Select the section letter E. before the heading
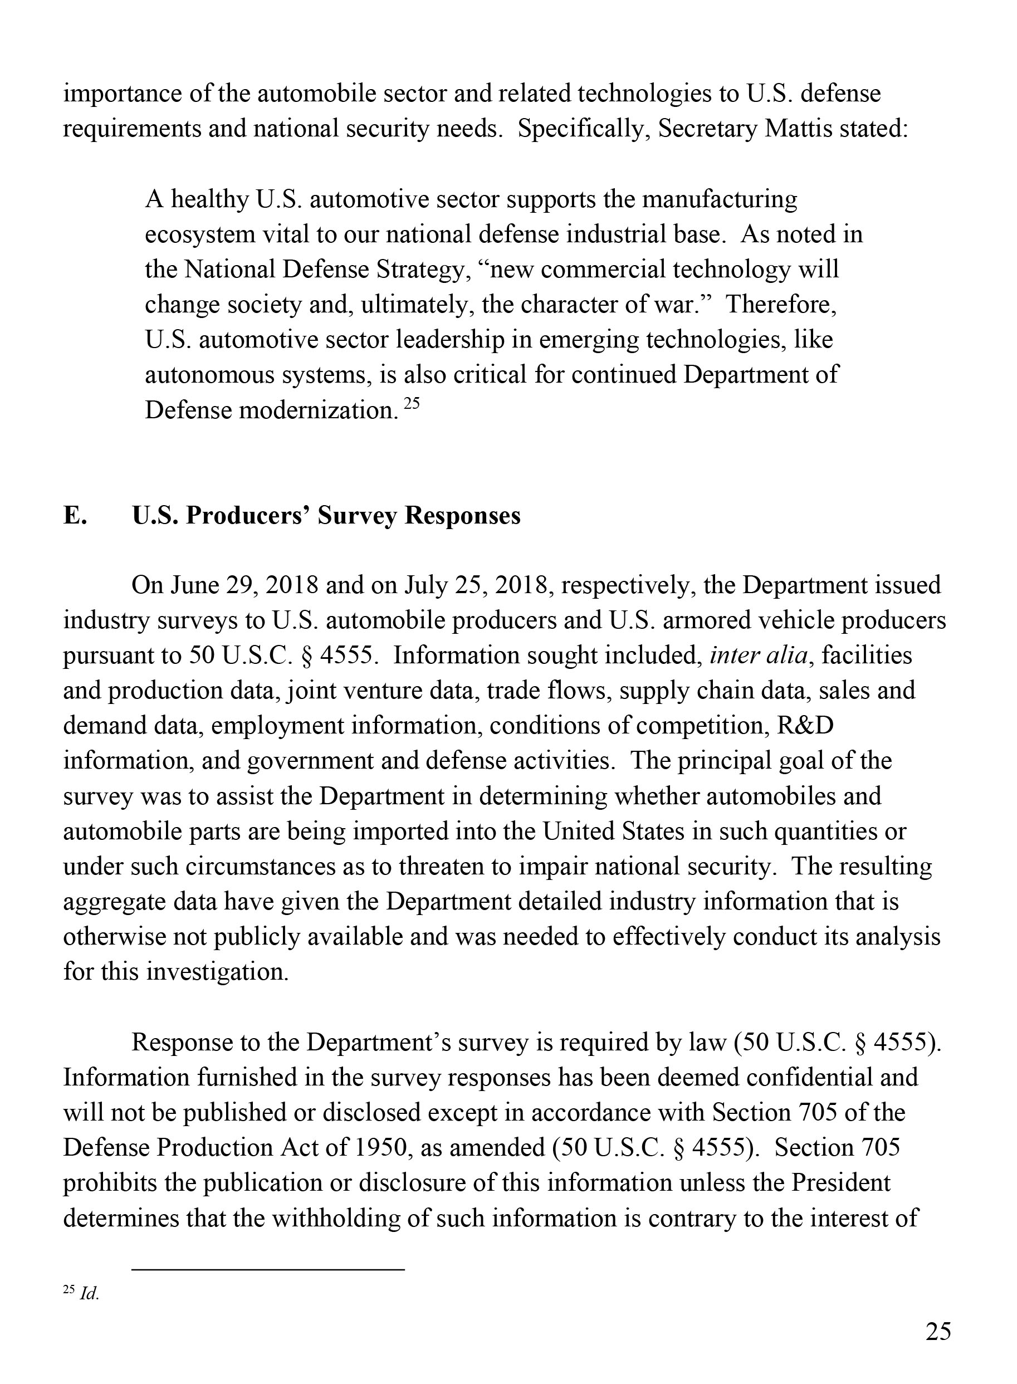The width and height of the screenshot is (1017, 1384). tap(75, 516)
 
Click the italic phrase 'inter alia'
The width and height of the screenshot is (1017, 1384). tap(758, 656)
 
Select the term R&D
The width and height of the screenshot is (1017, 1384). tap(805, 726)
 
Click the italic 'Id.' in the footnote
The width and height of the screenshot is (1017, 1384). tap(89, 1294)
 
